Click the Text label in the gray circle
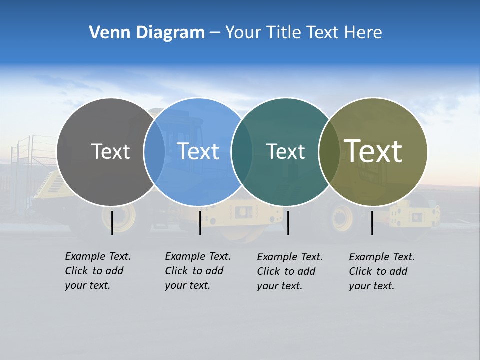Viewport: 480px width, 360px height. tap(110, 151)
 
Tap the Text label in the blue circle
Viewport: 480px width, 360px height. tap(198, 151)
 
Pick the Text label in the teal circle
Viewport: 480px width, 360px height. tap(285, 151)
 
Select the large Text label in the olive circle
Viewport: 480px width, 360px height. tap(373, 151)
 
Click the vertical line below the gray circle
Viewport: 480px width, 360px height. tap(112, 223)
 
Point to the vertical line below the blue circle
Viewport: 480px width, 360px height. tap(200, 223)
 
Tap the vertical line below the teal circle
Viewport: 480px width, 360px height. tap(288, 223)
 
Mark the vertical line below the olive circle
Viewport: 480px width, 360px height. tap(372, 223)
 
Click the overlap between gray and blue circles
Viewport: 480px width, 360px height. tap(154, 152)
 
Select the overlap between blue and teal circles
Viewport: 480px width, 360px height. tap(242, 152)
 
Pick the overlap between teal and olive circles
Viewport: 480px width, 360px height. tap(329, 152)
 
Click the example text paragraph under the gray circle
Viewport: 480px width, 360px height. tap(98, 271)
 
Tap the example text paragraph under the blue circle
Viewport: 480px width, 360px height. tap(198, 271)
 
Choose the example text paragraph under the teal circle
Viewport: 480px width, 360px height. tap(290, 271)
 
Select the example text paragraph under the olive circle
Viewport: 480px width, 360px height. tap(382, 271)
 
